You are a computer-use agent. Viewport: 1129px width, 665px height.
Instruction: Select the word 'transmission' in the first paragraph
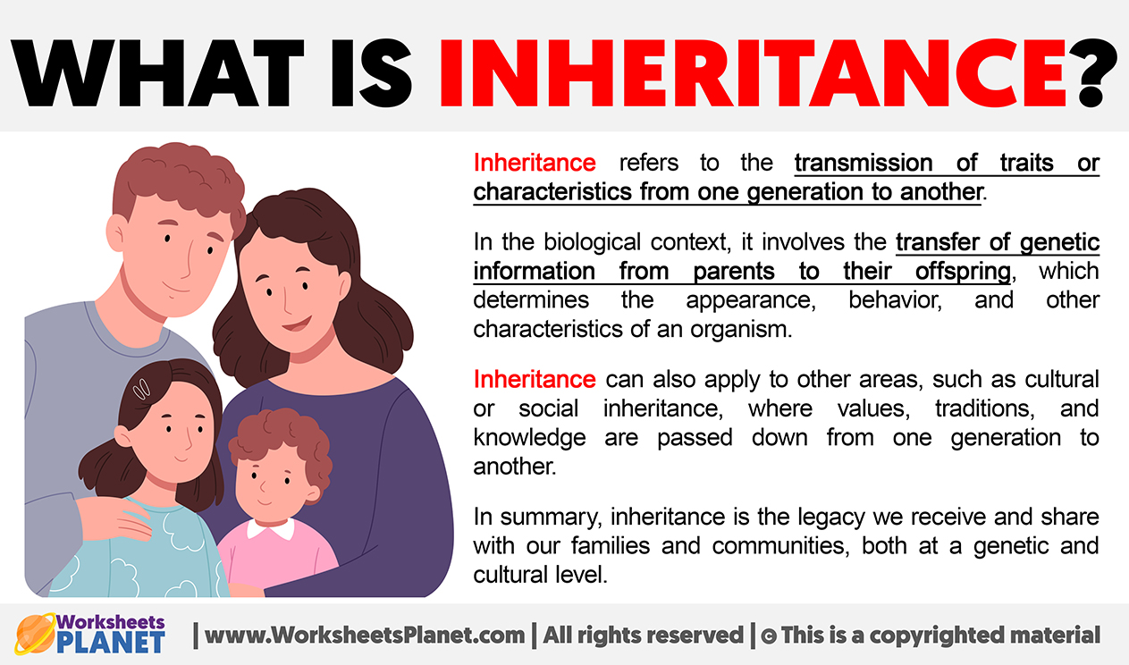click(x=864, y=163)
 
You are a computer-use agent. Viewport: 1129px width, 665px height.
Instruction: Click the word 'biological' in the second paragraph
click(x=586, y=243)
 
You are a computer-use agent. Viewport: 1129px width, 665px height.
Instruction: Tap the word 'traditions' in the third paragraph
click(x=985, y=408)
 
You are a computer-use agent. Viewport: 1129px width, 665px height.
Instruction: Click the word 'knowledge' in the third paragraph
click(x=529, y=437)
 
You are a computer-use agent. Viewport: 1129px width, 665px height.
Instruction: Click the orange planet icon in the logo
click(x=35, y=634)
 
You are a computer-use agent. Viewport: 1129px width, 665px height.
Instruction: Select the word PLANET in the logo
click(x=111, y=643)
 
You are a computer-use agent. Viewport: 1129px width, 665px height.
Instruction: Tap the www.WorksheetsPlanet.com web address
click(x=365, y=635)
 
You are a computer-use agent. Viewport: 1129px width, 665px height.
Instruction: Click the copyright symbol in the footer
click(x=769, y=636)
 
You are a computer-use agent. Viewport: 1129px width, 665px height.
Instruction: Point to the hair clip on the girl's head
click(x=141, y=389)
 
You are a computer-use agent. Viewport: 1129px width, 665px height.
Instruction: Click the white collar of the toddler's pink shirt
click(x=271, y=529)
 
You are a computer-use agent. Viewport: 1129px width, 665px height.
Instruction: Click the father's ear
click(x=115, y=232)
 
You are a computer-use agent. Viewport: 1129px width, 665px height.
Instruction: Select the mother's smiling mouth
click(x=297, y=324)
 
